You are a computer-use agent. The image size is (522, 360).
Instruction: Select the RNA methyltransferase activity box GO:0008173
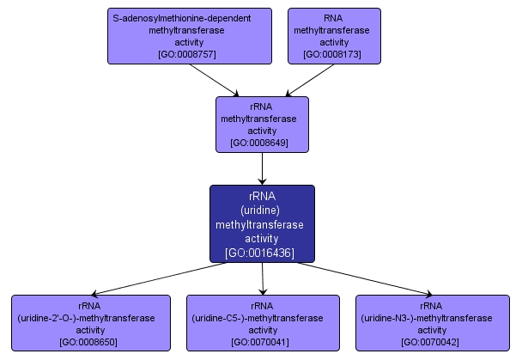(x=333, y=35)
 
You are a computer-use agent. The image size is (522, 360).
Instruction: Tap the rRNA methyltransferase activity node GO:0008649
(x=261, y=125)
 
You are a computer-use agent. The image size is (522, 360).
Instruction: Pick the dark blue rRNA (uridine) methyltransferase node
(x=262, y=223)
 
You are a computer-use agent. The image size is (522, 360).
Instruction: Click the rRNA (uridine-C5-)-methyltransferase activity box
(x=262, y=323)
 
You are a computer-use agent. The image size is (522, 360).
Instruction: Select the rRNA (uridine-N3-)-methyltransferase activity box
(x=432, y=323)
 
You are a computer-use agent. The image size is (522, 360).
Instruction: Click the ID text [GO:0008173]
(x=333, y=54)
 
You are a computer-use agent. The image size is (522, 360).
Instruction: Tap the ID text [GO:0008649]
(x=261, y=143)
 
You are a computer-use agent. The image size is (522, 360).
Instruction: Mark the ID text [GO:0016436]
(x=262, y=253)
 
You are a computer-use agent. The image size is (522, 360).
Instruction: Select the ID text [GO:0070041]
(x=262, y=342)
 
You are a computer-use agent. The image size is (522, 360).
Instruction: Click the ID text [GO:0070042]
(x=432, y=342)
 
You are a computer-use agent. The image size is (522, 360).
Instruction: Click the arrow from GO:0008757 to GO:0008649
(x=215, y=79)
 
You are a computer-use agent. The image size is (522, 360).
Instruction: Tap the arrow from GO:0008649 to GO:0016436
(x=262, y=168)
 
